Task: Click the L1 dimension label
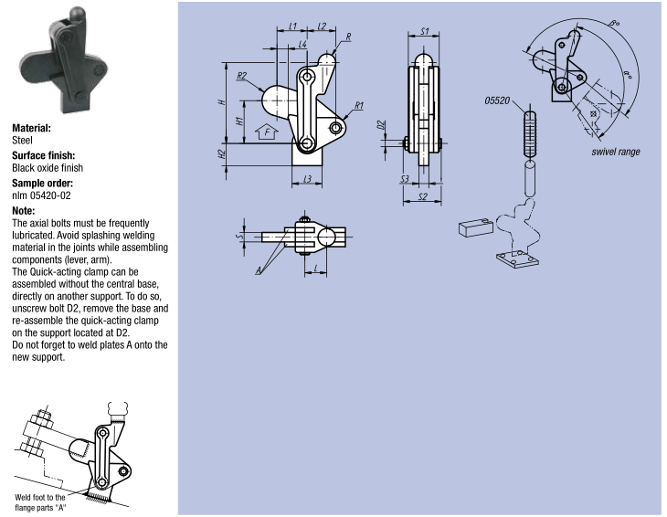[x=292, y=26]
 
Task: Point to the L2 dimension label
[x=322, y=26]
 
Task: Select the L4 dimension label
[x=302, y=44]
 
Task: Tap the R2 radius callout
[x=241, y=76]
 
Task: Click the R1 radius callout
[x=359, y=105]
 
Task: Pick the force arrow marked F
[x=267, y=132]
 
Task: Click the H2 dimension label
[x=221, y=154]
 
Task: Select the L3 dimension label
[x=307, y=179]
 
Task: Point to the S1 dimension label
[x=424, y=31]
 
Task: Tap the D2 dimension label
[x=382, y=125]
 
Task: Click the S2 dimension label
[x=422, y=197]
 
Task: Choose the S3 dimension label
[x=405, y=179]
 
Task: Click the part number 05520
[x=497, y=100]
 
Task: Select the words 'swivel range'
[x=616, y=152]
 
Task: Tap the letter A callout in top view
[x=259, y=270]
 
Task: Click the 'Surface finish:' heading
[x=43, y=155]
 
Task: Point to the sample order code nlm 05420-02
[x=41, y=195]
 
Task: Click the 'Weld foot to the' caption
[x=40, y=497]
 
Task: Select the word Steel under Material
[x=22, y=141]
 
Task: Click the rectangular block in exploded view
[x=476, y=227]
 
